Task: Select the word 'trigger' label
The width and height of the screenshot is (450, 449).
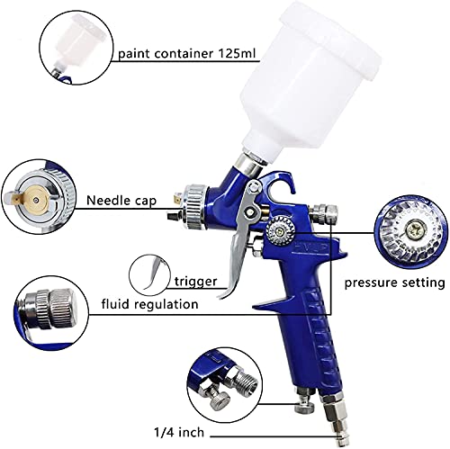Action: click(195, 283)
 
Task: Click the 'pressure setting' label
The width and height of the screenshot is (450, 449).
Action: click(395, 283)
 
